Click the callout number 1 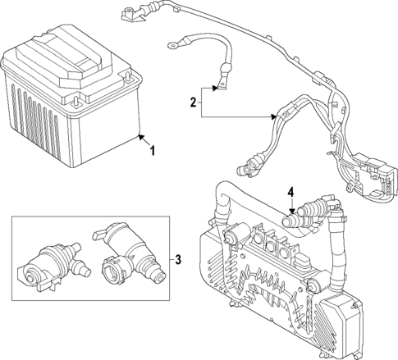click(x=151, y=150)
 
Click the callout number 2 click(x=194, y=103)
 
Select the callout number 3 click(x=178, y=260)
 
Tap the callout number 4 click(x=290, y=194)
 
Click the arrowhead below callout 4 click(x=290, y=215)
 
